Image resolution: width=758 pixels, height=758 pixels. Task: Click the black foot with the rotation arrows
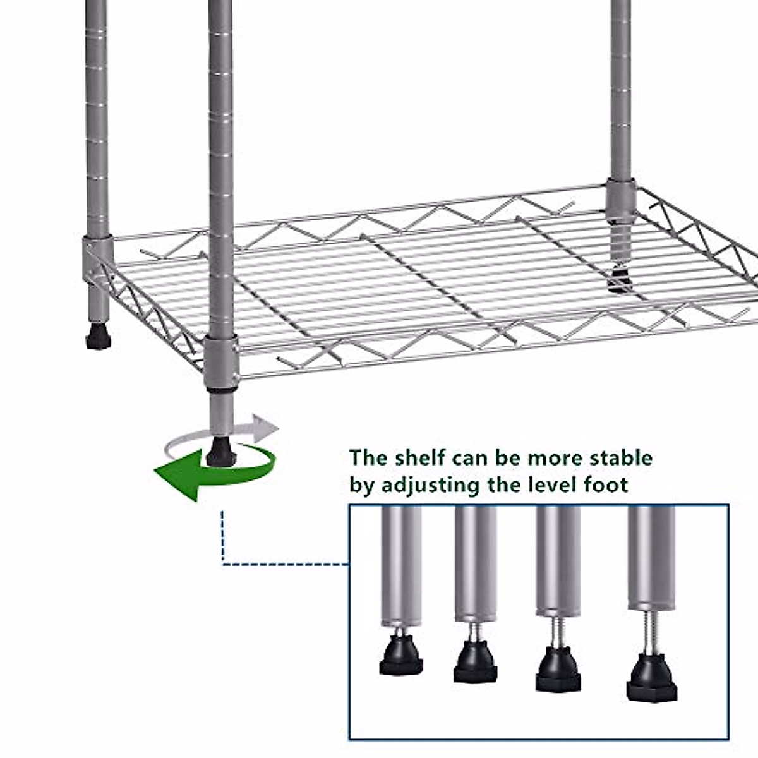tap(219, 450)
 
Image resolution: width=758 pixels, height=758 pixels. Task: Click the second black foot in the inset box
tap(475, 662)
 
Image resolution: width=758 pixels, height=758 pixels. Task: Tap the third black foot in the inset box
tap(559, 669)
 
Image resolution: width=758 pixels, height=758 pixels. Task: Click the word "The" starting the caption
tap(370, 457)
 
